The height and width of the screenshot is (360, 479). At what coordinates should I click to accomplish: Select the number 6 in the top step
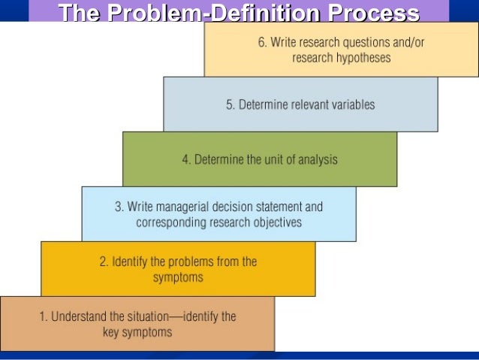coord(262,43)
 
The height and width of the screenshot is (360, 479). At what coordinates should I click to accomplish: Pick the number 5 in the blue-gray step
coord(230,105)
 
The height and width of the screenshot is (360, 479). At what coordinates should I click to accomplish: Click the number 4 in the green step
coord(185,159)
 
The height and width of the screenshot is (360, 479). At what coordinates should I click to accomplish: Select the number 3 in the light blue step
coord(118,207)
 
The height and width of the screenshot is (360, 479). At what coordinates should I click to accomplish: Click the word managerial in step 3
coord(192,207)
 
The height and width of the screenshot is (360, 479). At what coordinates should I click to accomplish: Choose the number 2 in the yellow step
coord(104,262)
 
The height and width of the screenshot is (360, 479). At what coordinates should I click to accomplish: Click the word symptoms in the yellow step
coord(178,277)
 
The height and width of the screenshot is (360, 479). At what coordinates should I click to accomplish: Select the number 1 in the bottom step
coord(43,316)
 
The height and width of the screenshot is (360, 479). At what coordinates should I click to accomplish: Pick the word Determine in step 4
coord(220,159)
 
